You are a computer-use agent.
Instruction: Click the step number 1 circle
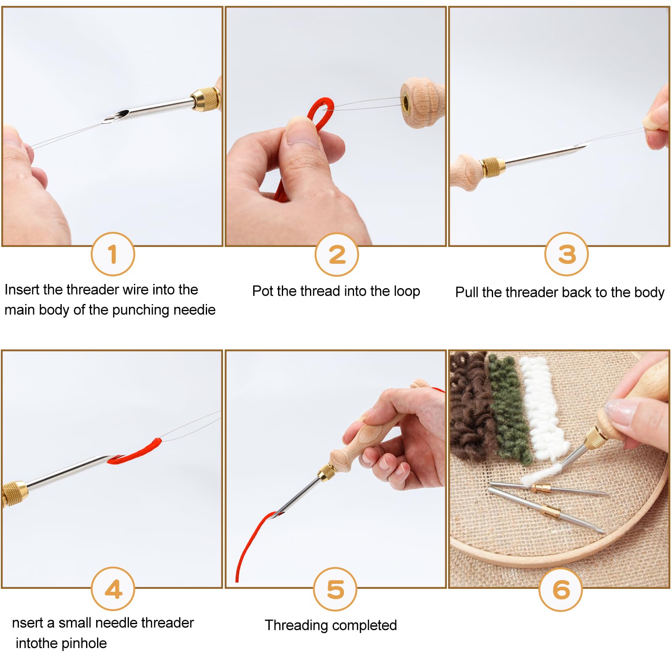pos(113,254)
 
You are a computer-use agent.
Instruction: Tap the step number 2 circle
pos(337,255)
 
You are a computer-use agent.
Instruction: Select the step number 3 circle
pos(566,254)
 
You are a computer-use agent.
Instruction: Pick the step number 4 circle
pos(113,589)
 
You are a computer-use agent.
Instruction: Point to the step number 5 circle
pos(335,589)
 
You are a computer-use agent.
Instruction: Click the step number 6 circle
pos(561,589)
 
